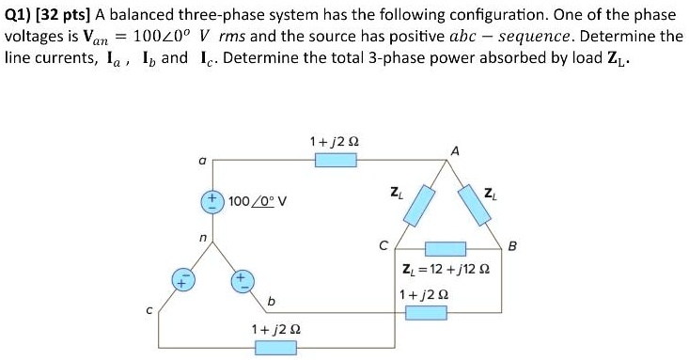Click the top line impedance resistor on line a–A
click(336, 161)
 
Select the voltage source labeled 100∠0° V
click(212, 200)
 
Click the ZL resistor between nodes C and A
click(419, 205)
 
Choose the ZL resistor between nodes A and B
click(478, 205)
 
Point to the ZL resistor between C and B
click(447, 249)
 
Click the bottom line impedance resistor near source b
click(275, 348)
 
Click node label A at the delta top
click(455, 150)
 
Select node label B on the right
click(512, 247)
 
